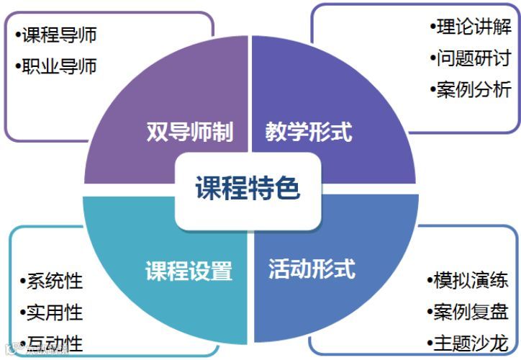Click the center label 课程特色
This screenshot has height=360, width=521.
(x=248, y=189)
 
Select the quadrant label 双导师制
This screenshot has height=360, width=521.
(x=190, y=132)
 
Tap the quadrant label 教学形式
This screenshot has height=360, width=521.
(x=309, y=132)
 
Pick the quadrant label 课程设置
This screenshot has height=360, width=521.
(x=189, y=271)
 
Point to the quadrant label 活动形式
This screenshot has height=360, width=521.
(x=312, y=269)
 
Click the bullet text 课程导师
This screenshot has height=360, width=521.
(x=58, y=35)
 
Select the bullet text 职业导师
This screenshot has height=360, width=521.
(x=58, y=66)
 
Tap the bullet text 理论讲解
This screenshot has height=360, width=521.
(x=473, y=27)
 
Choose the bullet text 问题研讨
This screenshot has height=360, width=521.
(x=473, y=58)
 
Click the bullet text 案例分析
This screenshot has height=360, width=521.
(x=473, y=89)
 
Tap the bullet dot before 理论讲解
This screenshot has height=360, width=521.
(x=432, y=27)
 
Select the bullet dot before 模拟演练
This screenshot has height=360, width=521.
(x=430, y=280)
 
